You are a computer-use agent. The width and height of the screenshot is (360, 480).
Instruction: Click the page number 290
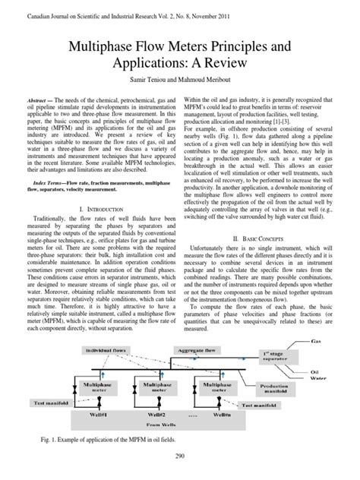180,456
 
